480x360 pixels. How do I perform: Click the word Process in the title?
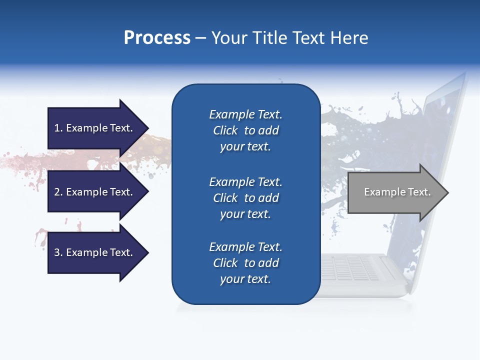coord(157,38)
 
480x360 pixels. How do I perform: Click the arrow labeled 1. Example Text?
coord(95,128)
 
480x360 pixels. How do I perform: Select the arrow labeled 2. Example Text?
coord(95,192)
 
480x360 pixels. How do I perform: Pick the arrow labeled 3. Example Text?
coord(95,252)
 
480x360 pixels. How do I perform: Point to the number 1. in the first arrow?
coord(58,128)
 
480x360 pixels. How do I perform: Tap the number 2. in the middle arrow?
coord(58,192)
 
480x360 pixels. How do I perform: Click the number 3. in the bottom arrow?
coord(58,252)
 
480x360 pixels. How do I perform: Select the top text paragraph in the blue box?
coord(245,130)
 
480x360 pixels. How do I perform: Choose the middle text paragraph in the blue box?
coord(245,198)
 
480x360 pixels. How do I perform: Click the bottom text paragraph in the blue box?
coord(245,263)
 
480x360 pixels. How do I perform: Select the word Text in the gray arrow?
coord(419,192)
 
